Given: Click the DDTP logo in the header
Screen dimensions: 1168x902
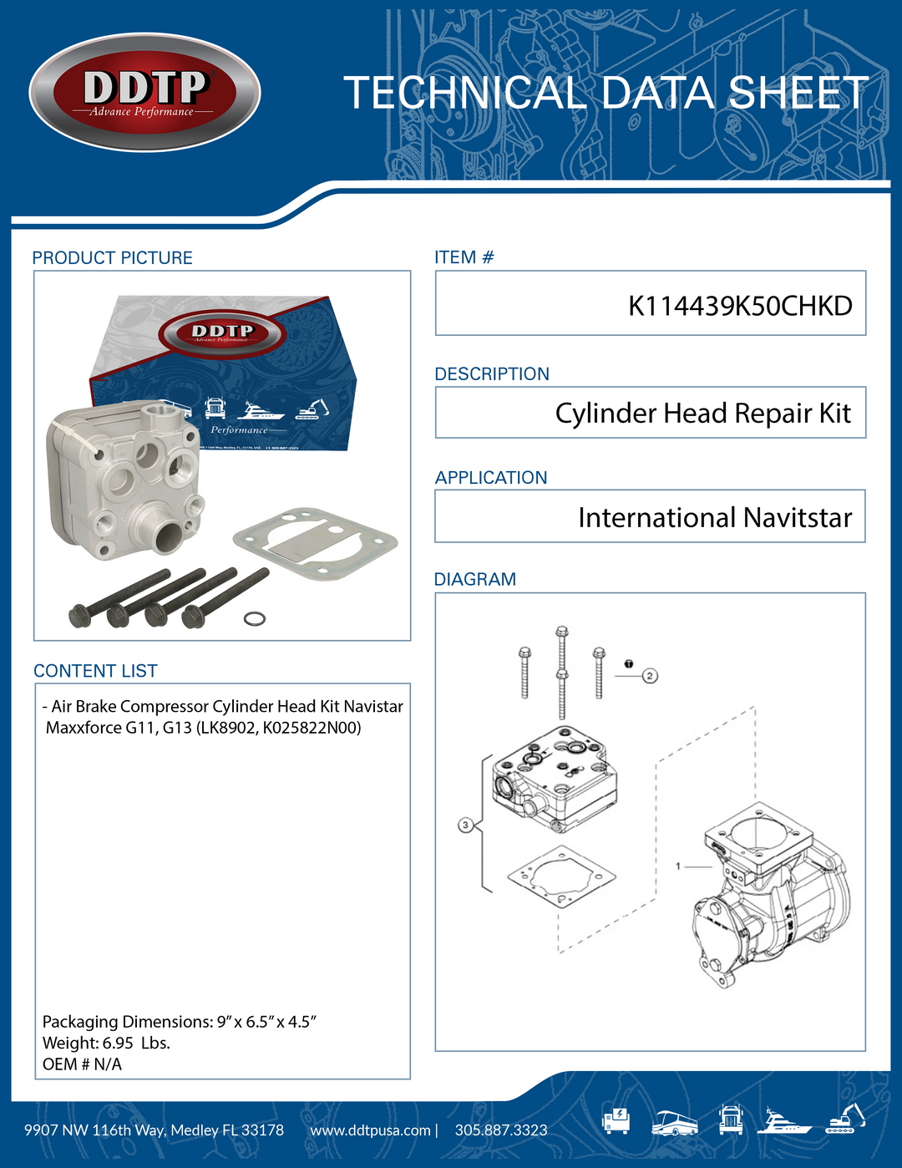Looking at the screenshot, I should [144, 92].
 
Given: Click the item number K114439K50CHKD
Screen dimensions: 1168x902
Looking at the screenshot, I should [739, 306].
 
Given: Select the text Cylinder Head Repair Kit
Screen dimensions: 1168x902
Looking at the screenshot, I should [702, 414].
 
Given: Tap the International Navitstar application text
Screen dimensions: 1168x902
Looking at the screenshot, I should [714, 518].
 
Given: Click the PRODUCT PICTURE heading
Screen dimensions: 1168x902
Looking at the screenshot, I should [112, 258].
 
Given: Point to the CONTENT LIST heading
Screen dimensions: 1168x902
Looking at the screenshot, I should [95, 671].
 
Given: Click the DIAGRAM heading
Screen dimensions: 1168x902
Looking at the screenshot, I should [474, 579].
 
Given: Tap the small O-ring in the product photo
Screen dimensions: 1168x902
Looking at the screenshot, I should [255, 618].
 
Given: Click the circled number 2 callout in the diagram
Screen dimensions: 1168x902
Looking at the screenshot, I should [650, 675].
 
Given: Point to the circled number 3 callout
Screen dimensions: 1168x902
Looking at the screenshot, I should [466, 825].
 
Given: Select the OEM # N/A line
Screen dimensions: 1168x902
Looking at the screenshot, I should [82, 1064].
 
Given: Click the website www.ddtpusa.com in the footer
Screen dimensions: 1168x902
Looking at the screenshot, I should [370, 1130].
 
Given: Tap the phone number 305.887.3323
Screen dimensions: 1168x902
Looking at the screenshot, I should [501, 1130].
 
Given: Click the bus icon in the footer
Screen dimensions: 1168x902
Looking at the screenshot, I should [674, 1122].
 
